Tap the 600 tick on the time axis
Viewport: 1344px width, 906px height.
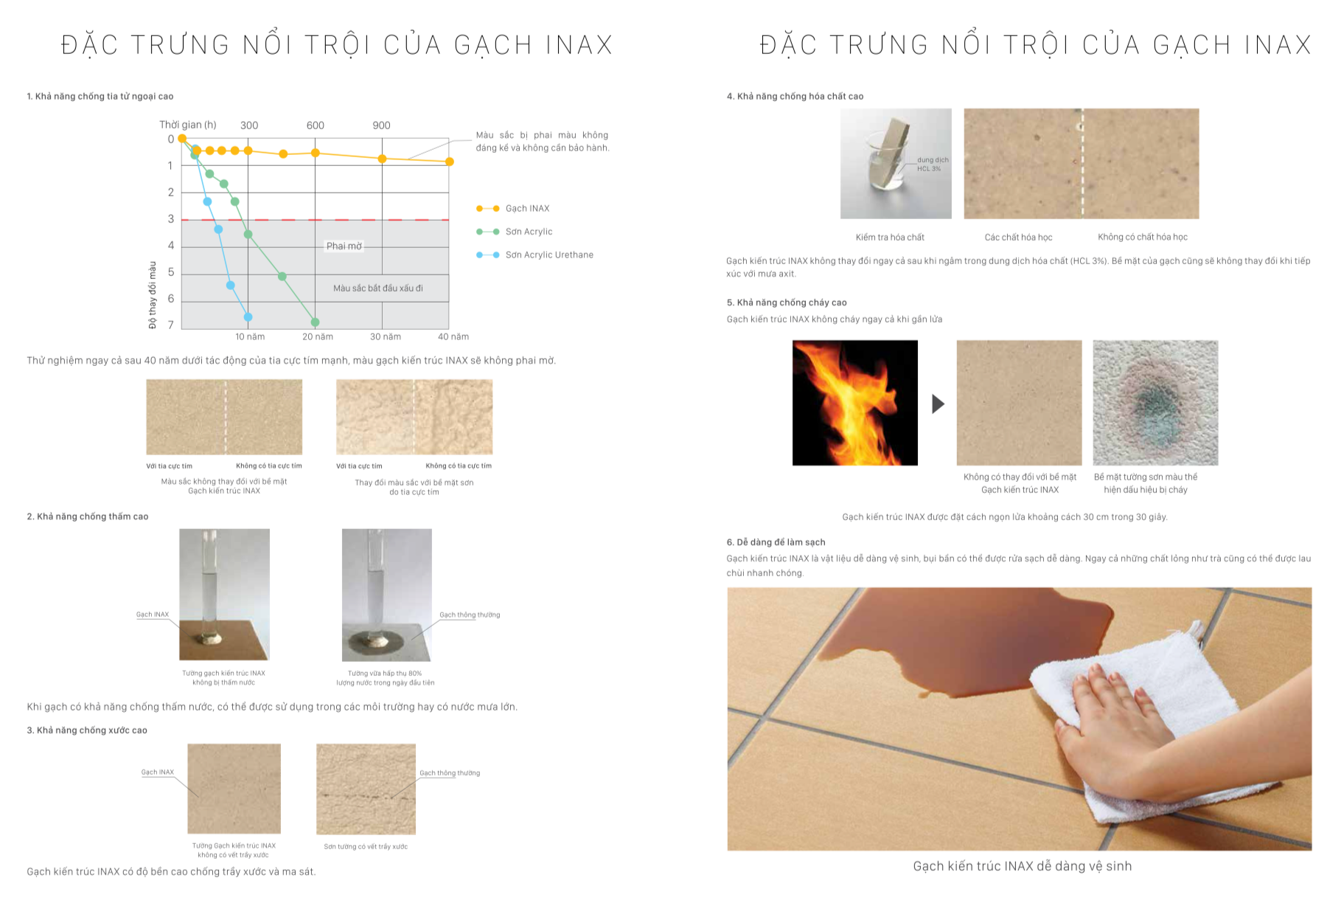pyautogui.click(x=316, y=125)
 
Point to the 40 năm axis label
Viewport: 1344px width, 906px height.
pyautogui.click(x=453, y=337)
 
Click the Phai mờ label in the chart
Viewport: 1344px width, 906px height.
pyautogui.click(x=344, y=246)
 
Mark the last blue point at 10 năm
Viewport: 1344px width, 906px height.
pyautogui.click(x=248, y=317)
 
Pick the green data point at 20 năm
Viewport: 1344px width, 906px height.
pyautogui.click(x=316, y=322)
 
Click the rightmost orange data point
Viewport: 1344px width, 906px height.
pyautogui.click(x=450, y=162)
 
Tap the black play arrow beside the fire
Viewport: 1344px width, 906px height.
pyautogui.click(x=938, y=404)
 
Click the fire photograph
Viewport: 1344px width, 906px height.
pyautogui.click(x=855, y=403)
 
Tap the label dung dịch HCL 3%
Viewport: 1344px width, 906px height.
pyautogui.click(x=932, y=165)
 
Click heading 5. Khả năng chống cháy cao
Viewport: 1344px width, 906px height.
pyautogui.click(x=787, y=302)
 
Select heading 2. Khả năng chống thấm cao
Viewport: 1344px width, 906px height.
pyautogui.click(x=88, y=516)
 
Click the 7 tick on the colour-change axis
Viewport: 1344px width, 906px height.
pyautogui.click(x=171, y=325)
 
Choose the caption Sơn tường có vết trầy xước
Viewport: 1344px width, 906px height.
pyautogui.click(x=366, y=847)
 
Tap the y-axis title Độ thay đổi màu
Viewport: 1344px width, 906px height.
pyautogui.click(x=153, y=294)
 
